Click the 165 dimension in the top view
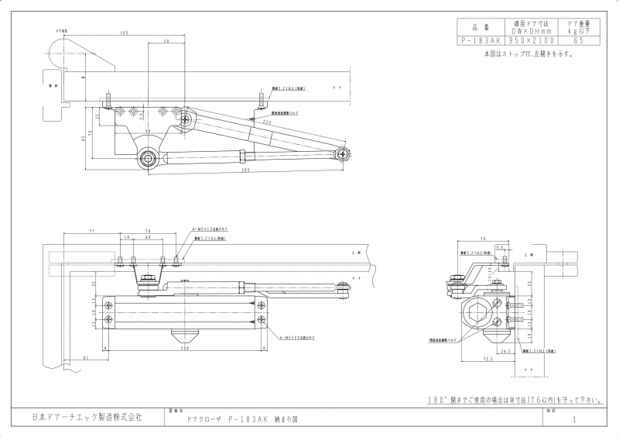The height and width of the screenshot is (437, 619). (x=124, y=33)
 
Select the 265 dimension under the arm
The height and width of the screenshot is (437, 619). (x=245, y=170)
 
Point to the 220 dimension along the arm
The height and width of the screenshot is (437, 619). (x=265, y=122)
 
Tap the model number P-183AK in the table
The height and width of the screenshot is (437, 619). (x=478, y=40)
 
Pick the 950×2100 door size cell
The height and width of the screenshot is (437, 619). (x=529, y=40)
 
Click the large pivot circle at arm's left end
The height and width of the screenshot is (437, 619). (x=148, y=158)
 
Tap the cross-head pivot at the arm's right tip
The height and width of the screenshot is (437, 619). (x=343, y=153)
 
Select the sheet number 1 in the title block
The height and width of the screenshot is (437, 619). (x=574, y=419)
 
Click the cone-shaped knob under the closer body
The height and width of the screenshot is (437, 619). (x=183, y=337)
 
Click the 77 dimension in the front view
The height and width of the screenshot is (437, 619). (x=92, y=232)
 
